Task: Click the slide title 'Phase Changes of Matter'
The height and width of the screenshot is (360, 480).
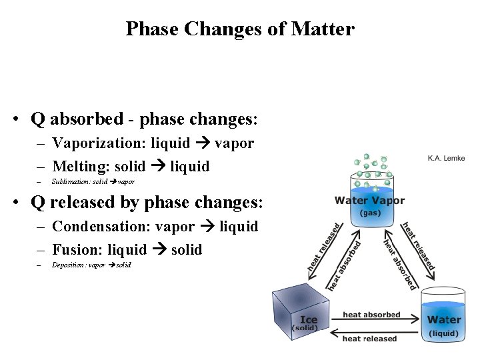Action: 240,29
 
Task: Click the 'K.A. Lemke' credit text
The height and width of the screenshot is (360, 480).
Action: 446,158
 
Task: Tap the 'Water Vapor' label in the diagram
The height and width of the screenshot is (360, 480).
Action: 369,201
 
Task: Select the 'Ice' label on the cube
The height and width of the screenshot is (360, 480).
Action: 308,319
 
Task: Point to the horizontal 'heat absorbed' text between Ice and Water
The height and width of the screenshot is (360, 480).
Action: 371,315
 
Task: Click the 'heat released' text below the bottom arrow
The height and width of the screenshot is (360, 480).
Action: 369,339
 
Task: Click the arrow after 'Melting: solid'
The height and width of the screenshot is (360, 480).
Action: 158,166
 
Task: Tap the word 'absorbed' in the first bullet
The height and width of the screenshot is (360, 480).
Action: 87,119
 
